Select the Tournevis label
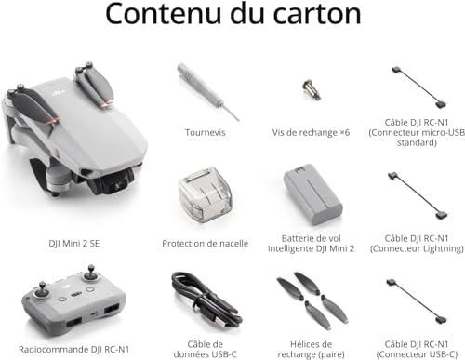pos(205,131)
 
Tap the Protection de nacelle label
pos(205,244)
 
